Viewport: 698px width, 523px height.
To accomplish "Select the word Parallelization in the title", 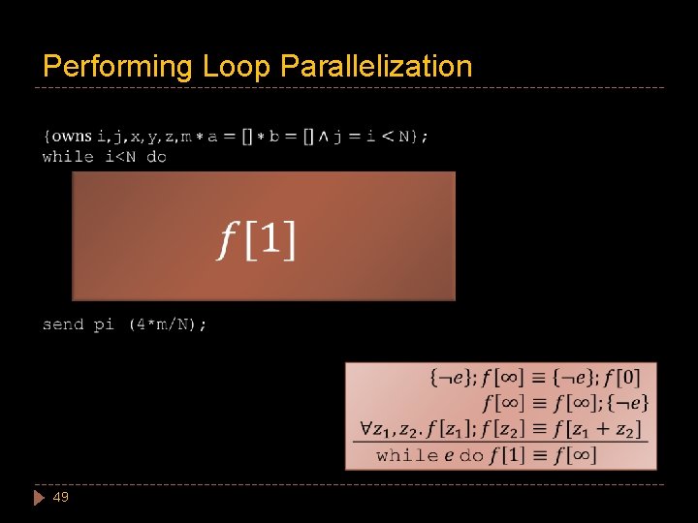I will (x=376, y=67).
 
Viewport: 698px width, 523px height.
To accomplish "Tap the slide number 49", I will (x=61, y=497).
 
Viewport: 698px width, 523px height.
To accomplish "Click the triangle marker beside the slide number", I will (x=39, y=497).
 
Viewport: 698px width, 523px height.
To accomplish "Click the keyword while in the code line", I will (x=68, y=157).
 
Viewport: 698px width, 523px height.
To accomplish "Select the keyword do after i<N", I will (x=156, y=157).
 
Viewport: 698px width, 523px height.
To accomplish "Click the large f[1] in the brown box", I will (x=257, y=238).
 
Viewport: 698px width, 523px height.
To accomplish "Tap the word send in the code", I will (x=63, y=324).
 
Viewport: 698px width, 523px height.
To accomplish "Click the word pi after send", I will (x=104, y=324).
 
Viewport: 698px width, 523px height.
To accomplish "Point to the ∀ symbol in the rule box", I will (x=367, y=427).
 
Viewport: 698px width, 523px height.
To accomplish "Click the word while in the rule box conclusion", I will (x=407, y=455).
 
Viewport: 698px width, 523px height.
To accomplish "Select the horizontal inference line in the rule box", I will (x=498, y=443).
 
